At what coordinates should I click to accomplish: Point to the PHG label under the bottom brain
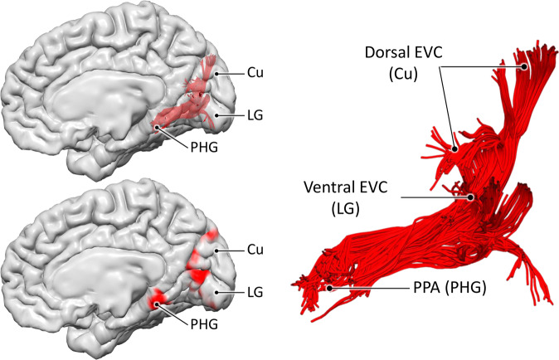point(191,322)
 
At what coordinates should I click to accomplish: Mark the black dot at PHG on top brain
point(157,127)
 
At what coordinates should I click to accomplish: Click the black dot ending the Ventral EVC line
point(471,197)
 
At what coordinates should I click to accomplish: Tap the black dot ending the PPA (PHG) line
point(331,287)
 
